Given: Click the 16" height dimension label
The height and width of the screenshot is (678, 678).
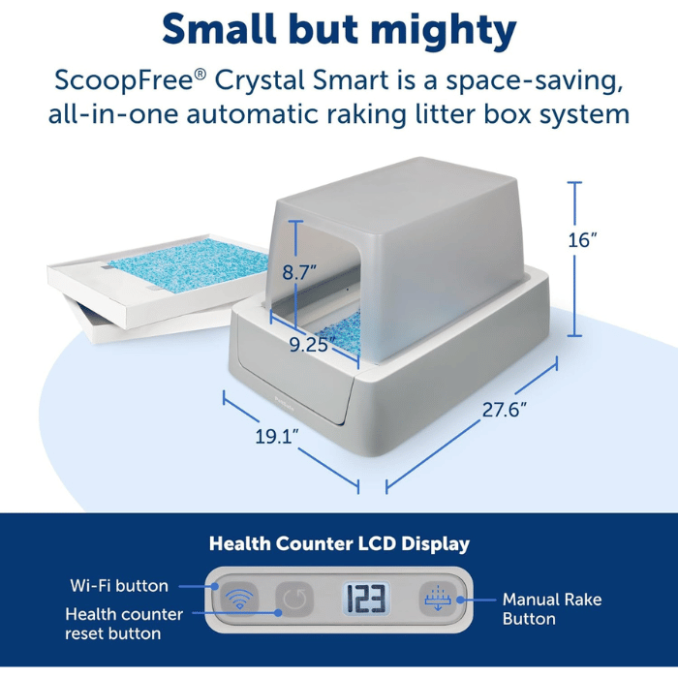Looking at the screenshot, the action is (582, 240).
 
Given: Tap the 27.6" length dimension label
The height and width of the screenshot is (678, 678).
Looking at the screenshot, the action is (505, 410).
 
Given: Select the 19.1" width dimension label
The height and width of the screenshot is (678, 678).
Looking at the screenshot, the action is (277, 436).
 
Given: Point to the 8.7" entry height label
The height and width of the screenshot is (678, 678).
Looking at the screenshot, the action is (299, 272).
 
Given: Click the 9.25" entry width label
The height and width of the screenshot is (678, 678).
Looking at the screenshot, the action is (312, 345).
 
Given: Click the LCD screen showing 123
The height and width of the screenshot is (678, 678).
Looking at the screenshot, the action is (366, 599).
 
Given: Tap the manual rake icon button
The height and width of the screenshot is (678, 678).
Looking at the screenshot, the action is (438, 599).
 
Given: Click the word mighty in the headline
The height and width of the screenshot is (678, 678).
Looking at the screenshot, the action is (444, 30).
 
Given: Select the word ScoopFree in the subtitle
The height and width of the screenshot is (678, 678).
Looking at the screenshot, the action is (124, 80).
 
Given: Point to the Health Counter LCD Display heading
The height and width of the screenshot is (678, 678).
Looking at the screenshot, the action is (339, 543).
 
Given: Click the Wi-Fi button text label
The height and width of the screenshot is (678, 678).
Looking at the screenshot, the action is (119, 586).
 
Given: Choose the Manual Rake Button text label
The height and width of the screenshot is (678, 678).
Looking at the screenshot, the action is (552, 609).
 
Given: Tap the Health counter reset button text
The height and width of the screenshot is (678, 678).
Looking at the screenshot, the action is (124, 624).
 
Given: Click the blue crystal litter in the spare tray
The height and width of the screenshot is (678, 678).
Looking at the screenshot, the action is (190, 264).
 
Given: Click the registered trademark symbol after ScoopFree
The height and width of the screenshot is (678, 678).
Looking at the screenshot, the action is (200, 74).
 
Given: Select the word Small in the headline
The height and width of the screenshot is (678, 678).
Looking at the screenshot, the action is (219, 29).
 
